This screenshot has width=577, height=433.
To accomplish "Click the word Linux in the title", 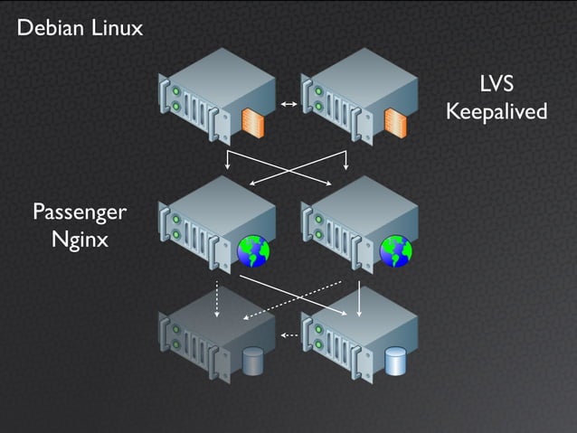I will click(117, 28).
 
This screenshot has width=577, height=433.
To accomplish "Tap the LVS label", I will click(497, 86).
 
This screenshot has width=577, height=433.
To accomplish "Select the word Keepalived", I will click(497, 112).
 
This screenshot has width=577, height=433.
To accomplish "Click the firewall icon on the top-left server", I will click(252, 122).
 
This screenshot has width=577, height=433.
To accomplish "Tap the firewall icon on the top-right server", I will click(395, 122).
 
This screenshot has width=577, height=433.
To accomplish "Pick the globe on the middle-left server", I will click(252, 250).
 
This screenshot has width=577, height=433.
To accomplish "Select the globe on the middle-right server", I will click(395, 250).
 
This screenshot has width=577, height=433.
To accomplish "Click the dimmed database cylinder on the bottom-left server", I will click(252, 362).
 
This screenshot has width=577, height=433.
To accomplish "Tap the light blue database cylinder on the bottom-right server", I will click(395, 362).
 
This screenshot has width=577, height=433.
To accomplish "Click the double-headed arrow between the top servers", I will click(289, 106).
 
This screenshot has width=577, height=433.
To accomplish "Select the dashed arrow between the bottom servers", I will click(289, 335).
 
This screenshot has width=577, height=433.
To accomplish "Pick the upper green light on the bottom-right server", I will click(318, 328).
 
